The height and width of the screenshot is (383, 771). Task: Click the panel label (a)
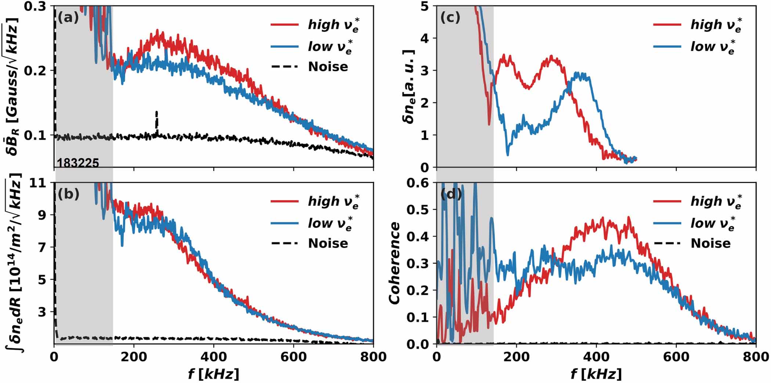click(68, 17)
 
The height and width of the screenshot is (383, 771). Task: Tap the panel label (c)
click(450, 17)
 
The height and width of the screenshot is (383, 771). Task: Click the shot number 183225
click(78, 163)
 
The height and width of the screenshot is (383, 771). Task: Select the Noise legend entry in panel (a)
click(328, 67)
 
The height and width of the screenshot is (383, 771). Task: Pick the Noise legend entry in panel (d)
click(710, 243)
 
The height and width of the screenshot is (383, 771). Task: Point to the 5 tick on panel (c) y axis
click(425, 6)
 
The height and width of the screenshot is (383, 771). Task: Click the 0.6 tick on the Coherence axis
click(419, 183)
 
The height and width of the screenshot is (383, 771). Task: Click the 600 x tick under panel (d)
click(676, 357)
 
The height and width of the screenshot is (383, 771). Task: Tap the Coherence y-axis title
click(394, 263)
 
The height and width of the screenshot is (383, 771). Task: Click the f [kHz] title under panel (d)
click(596, 374)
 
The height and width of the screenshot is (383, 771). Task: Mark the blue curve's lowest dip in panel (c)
click(508, 154)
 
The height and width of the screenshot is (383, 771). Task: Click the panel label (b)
click(68, 194)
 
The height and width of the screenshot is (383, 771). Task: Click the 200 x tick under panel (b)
click(134, 357)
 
